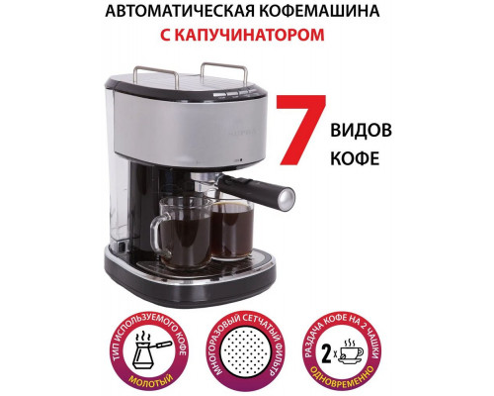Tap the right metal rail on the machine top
tap(224, 71)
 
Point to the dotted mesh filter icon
tap(248, 349)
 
